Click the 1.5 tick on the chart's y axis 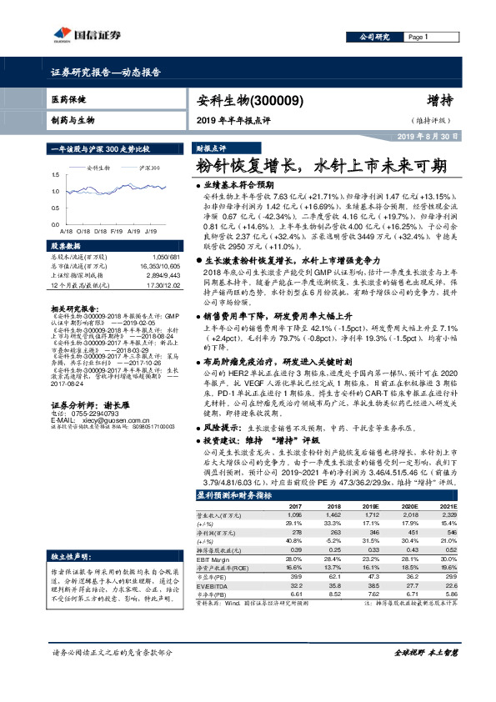54,175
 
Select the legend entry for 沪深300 150,168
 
